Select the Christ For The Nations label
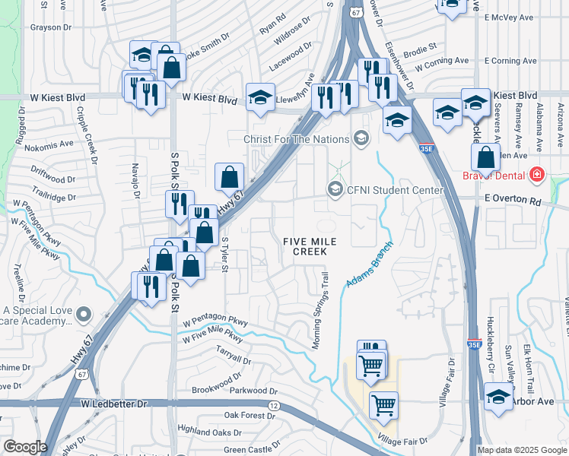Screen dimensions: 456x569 297,139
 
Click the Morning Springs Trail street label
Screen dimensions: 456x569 321,312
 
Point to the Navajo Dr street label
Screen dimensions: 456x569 136,180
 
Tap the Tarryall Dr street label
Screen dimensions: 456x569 233,356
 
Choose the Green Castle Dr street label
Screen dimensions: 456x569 247,449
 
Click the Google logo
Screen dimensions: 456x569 25,447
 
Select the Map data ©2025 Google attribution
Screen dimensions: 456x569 522,450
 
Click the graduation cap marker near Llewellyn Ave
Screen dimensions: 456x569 260,98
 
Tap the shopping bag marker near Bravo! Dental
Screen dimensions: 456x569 485,158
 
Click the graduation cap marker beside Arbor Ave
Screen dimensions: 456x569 498,397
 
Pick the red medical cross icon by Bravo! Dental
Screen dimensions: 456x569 538,175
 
